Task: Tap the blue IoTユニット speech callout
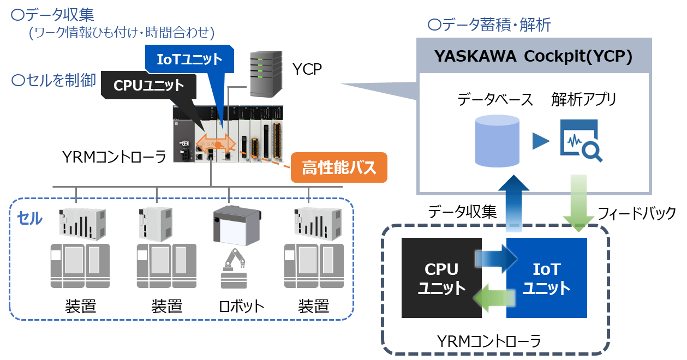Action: [189, 59]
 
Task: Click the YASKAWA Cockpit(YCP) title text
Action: [533, 56]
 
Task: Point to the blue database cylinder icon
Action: [497, 141]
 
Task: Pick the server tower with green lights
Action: [266, 74]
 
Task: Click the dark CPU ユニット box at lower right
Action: [441, 278]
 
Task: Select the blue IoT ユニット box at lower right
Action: [547, 278]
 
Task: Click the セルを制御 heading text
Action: [53, 81]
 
